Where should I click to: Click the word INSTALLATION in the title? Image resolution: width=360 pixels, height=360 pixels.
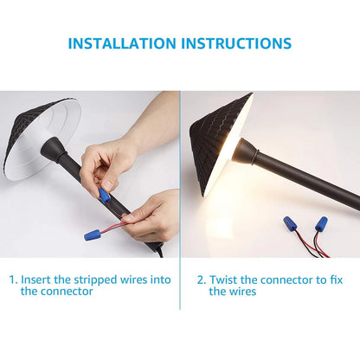[x=122, y=43]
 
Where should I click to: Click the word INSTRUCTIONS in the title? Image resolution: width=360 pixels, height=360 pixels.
[x=236, y=43]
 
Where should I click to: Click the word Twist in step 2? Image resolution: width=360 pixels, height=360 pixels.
[x=223, y=280]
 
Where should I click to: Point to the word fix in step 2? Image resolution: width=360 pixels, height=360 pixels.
[x=336, y=280]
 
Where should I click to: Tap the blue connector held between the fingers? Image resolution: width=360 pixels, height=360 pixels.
[x=104, y=195]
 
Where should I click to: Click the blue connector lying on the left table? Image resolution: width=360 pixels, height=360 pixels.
[x=93, y=235]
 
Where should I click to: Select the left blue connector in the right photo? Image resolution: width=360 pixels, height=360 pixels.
[x=289, y=223]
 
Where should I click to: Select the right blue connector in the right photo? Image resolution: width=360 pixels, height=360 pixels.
[x=320, y=223]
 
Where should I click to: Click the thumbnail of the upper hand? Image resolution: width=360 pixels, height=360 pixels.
[x=109, y=185]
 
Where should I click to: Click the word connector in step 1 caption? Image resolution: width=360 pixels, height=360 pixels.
[x=67, y=292]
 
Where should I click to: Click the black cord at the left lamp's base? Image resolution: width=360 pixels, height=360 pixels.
[x=159, y=250]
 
